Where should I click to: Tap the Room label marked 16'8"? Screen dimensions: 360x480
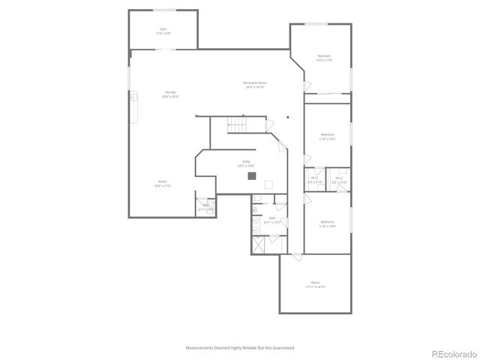(163, 184)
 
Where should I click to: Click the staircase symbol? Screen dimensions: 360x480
(238, 124)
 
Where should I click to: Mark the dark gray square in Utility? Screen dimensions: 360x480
(253, 176)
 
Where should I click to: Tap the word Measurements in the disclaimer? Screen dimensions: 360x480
(200, 348)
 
